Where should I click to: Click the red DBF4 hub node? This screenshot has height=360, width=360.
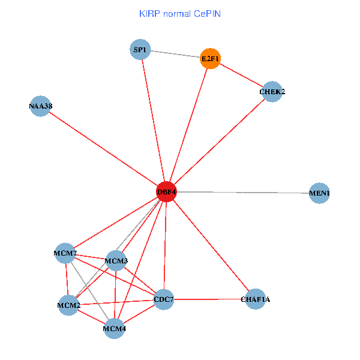(x=166, y=192)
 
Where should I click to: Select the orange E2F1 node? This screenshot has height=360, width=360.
(x=211, y=58)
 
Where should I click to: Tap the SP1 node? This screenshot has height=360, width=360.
(x=140, y=49)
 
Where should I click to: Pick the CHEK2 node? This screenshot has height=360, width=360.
(x=272, y=91)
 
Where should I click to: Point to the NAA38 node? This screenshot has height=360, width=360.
(x=40, y=106)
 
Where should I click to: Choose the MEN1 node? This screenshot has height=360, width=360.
(x=319, y=193)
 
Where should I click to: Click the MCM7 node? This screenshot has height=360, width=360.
(x=65, y=253)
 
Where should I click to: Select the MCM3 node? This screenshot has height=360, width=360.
(x=116, y=260)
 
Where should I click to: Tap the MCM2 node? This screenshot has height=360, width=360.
(x=68, y=305)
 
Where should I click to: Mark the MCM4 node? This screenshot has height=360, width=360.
(x=114, y=328)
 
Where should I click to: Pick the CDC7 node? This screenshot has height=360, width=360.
(x=164, y=299)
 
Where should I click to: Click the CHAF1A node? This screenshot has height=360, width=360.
(x=255, y=299)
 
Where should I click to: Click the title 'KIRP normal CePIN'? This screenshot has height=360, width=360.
(x=179, y=13)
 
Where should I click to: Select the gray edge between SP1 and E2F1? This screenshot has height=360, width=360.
(x=175, y=54)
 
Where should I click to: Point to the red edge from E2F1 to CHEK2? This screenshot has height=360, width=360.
(x=241, y=75)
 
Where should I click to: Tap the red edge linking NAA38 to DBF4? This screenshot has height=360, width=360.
(x=103, y=149)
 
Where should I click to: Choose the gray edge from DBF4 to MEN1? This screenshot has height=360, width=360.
(x=243, y=193)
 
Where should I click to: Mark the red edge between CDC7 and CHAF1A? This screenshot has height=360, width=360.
(x=209, y=299)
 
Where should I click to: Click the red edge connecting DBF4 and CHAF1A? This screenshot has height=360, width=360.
(x=211, y=245)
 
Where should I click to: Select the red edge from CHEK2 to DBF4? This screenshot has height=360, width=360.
(x=219, y=142)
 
